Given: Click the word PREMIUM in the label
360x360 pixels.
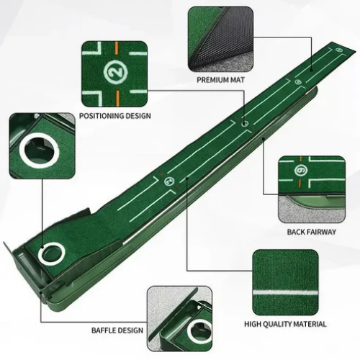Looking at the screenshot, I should tap(211, 81).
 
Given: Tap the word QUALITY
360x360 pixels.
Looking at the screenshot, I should tap(287, 325).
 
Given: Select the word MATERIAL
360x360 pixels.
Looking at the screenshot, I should tap(317, 325).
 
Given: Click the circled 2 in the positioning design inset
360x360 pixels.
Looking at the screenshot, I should tap(114, 72).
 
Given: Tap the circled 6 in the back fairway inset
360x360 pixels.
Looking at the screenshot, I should tap(302, 171).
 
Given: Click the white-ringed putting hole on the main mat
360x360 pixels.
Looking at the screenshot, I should tap(51, 253).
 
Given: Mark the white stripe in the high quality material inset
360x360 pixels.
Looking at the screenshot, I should tap(288, 291).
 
